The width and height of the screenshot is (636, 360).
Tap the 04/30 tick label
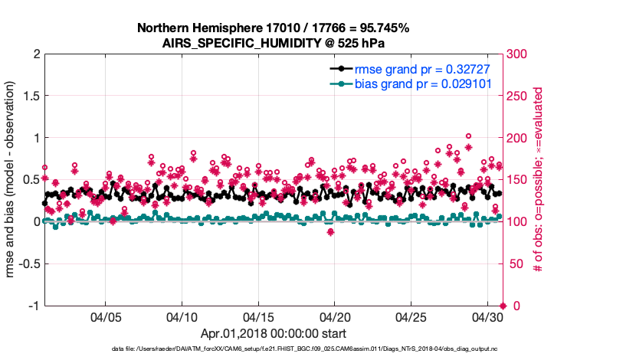(x=487, y=316)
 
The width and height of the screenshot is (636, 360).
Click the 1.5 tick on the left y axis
(x=31, y=96)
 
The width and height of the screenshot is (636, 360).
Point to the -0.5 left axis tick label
(x=28, y=263)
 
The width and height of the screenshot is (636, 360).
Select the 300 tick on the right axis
(x=517, y=54)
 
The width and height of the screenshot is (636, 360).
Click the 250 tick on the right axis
(x=517, y=96)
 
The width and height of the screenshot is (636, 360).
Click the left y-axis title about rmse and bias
(x=13, y=180)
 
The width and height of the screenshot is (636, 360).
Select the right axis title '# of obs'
(x=539, y=180)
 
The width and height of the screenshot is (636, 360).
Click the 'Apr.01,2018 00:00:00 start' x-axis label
(x=273, y=333)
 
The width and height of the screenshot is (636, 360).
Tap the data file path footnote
(x=273, y=349)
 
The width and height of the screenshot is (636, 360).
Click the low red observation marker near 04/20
(x=330, y=232)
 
